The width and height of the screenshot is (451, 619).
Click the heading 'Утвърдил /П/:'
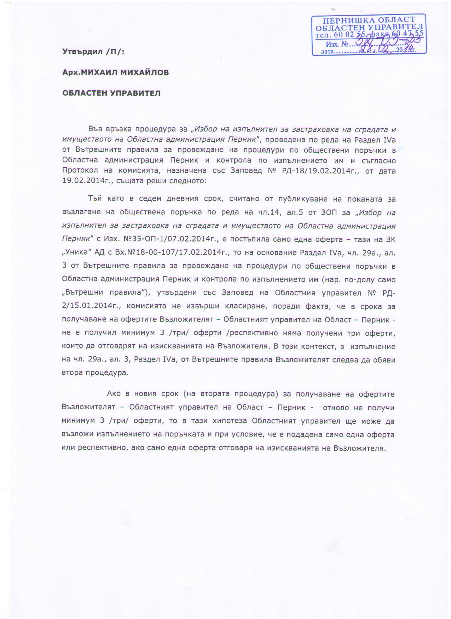[93, 52]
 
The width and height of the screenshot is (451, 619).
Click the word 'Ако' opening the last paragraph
[114, 394]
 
